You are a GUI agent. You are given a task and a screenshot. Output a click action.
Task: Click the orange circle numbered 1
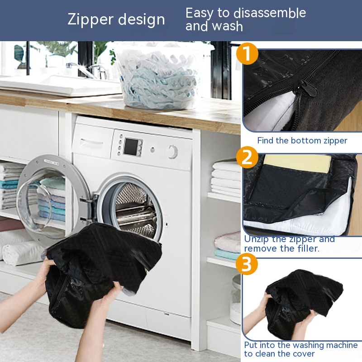click(247, 54)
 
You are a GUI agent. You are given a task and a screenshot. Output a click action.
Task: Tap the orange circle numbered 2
click(247, 157)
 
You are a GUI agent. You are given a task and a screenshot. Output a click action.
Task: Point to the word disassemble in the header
click(270, 13)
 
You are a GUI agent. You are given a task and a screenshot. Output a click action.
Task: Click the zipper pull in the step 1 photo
click(305, 88)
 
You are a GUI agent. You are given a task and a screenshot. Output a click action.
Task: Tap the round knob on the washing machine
click(173, 152)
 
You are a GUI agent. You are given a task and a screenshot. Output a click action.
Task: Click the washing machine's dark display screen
click(131, 146)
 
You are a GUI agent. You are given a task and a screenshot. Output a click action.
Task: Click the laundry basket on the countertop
click(159, 76)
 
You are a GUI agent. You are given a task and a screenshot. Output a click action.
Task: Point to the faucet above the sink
click(88, 69)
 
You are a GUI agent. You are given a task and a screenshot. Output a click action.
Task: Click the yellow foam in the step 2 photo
click(298, 163)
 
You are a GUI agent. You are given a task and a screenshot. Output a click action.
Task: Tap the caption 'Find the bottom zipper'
click(302, 141)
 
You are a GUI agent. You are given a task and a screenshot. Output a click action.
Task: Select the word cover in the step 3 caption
click(304, 354)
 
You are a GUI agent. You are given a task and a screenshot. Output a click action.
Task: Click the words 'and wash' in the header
click(214, 26)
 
